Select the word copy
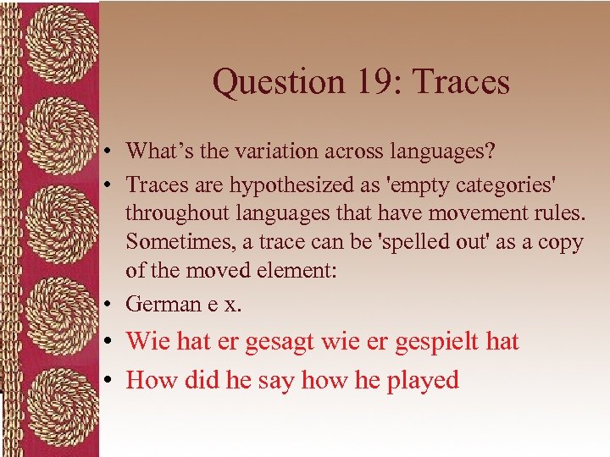click(x=559, y=242)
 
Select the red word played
click(x=423, y=381)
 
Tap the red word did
click(x=199, y=381)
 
